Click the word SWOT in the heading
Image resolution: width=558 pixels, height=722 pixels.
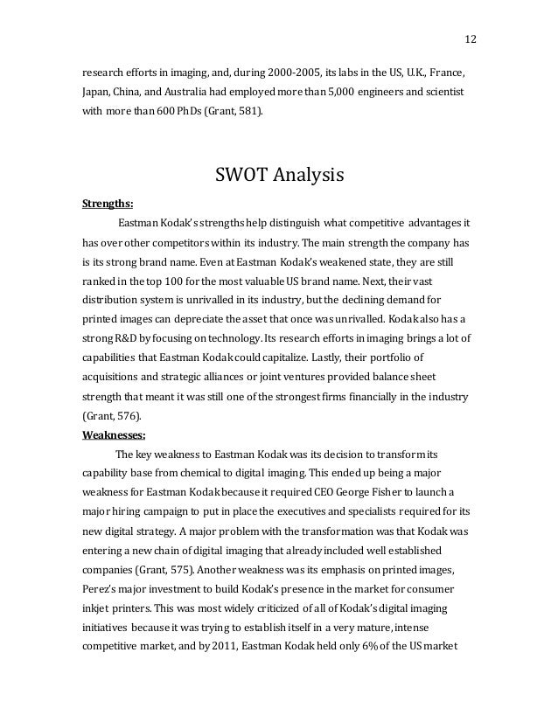coord(241,176)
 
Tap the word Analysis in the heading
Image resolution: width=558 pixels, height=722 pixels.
coord(306,177)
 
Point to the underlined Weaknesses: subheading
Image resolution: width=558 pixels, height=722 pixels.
coord(114,433)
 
